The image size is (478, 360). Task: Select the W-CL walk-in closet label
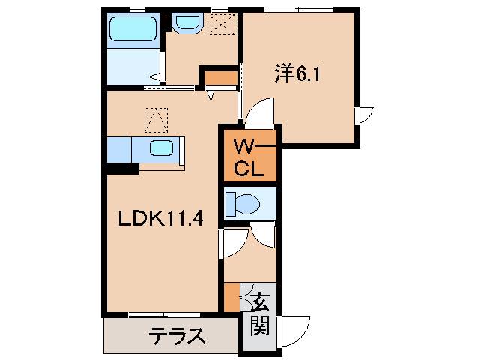point(248,156)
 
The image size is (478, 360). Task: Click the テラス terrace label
point(177,334)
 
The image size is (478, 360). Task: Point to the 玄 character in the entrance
point(260,303)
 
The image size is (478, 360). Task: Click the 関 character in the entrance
point(260,326)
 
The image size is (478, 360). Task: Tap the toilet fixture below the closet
point(244,203)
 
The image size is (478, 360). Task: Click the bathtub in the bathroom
point(131,30)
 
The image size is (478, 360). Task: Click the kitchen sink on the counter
point(162,147)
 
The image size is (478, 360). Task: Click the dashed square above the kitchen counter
point(157,118)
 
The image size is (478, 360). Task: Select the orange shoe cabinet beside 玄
point(231,297)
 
